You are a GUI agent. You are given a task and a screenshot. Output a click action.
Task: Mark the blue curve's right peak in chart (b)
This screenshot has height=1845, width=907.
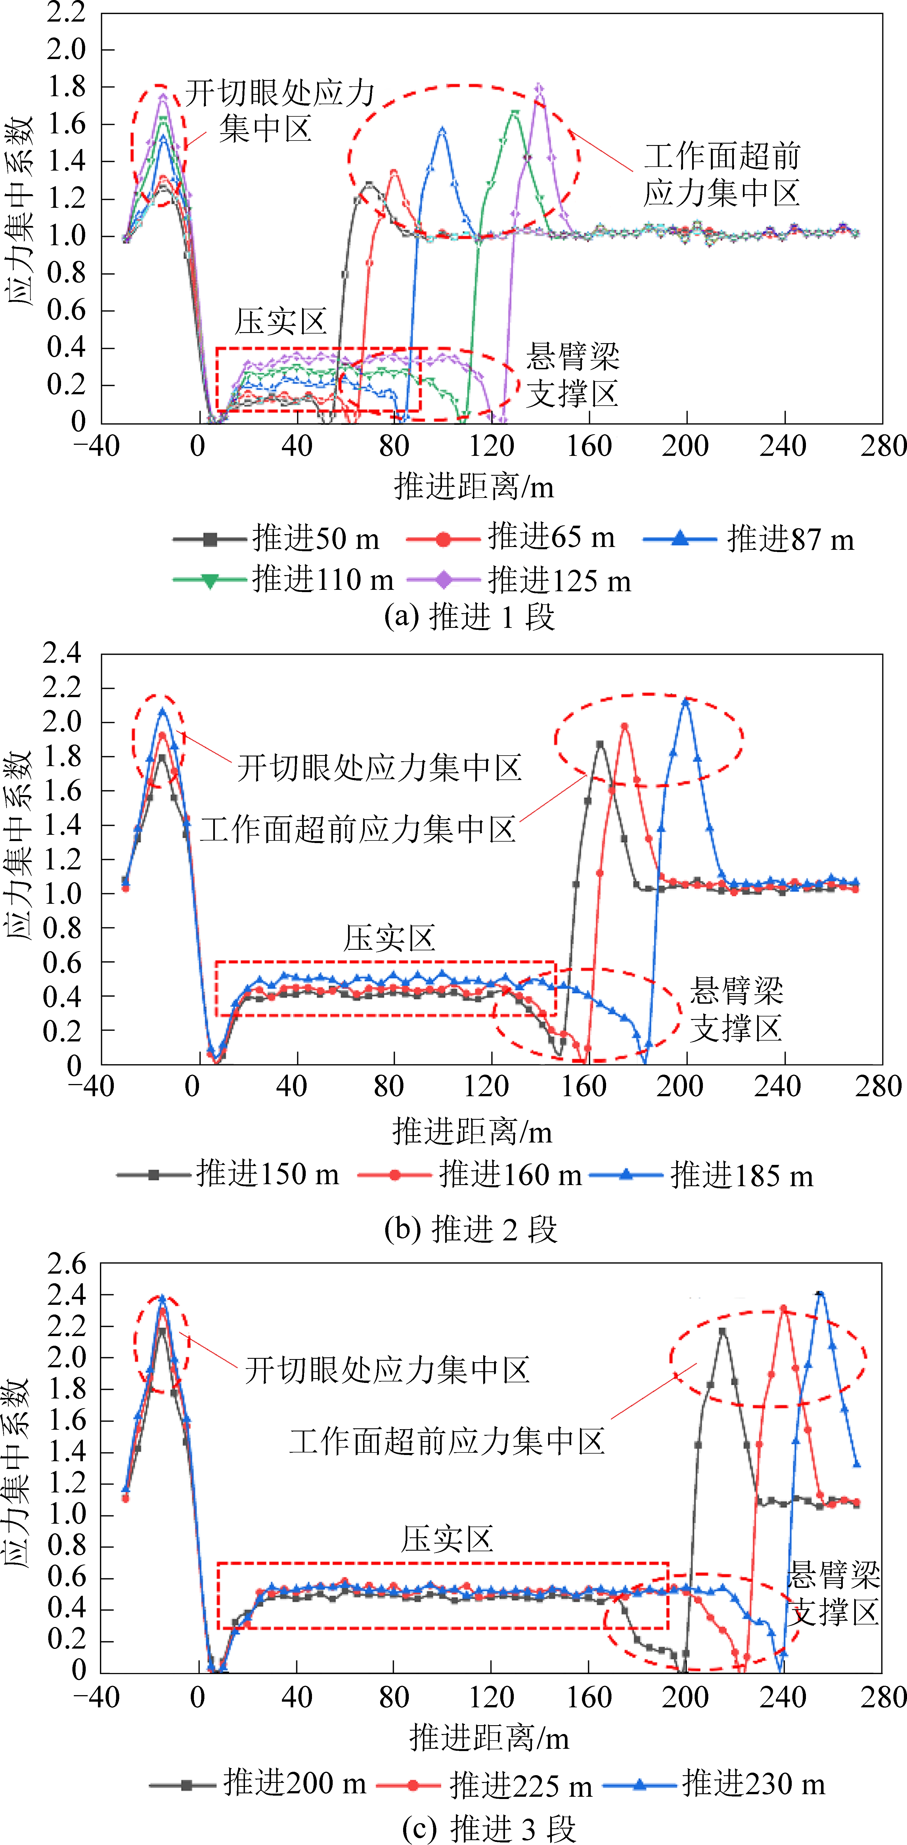click(x=686, y=701)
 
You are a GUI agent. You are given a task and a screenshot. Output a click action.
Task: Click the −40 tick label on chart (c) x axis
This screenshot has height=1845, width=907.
click(x=97, y=1697)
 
